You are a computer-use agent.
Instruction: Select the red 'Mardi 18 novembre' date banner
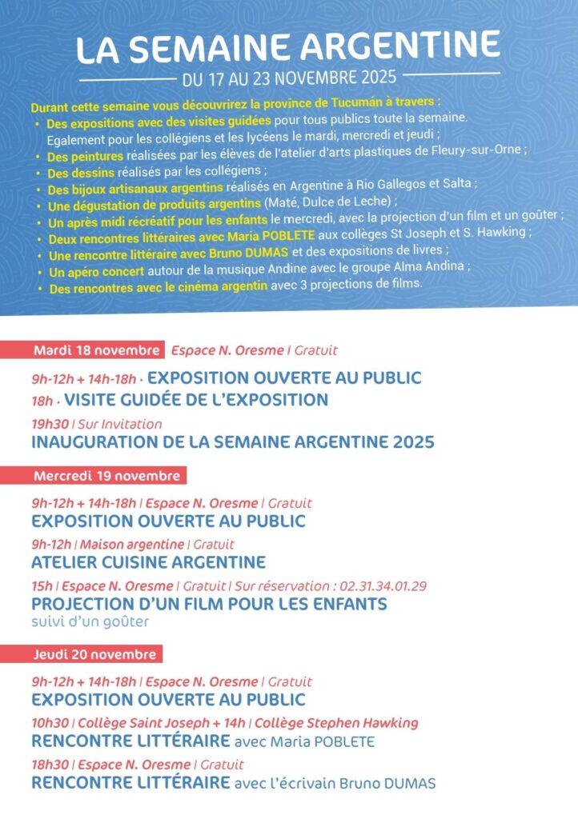[96, 350]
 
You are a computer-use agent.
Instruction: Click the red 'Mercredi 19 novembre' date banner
[107, 476]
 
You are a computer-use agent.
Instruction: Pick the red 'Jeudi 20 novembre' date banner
[94, 654]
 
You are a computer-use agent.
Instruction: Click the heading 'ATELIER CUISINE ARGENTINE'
[148, 562]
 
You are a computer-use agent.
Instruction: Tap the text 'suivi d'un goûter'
[90, 621]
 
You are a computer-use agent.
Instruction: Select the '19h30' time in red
[49, 424]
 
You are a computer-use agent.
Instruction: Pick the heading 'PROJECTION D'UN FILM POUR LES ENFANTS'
[209, 603]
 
